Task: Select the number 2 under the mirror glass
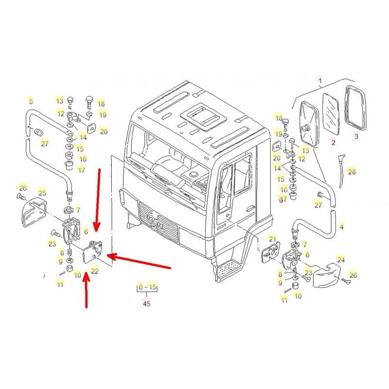[333, 142]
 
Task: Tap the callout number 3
[356, 137]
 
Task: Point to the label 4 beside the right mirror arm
[341, 227]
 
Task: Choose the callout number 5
[31, 102]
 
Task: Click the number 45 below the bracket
[146, 303]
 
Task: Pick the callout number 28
[352, 172]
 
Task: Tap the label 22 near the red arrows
[95, 271]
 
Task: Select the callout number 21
[272, 239]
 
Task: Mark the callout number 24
[341, 260]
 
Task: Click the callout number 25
[42, 193]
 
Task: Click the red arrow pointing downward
[98, 199]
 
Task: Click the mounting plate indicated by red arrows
[93, 251]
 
